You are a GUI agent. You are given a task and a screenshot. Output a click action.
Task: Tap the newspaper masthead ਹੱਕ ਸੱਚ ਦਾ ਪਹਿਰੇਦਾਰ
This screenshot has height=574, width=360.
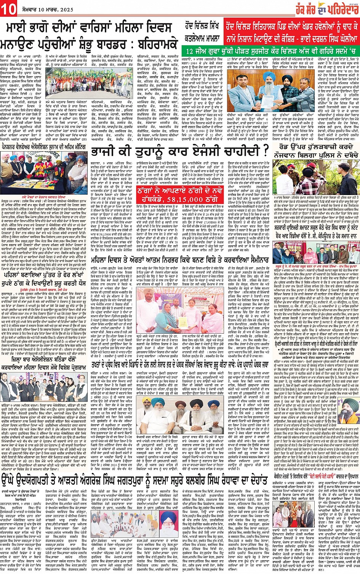pyautogui.click(x=324, y=8)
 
